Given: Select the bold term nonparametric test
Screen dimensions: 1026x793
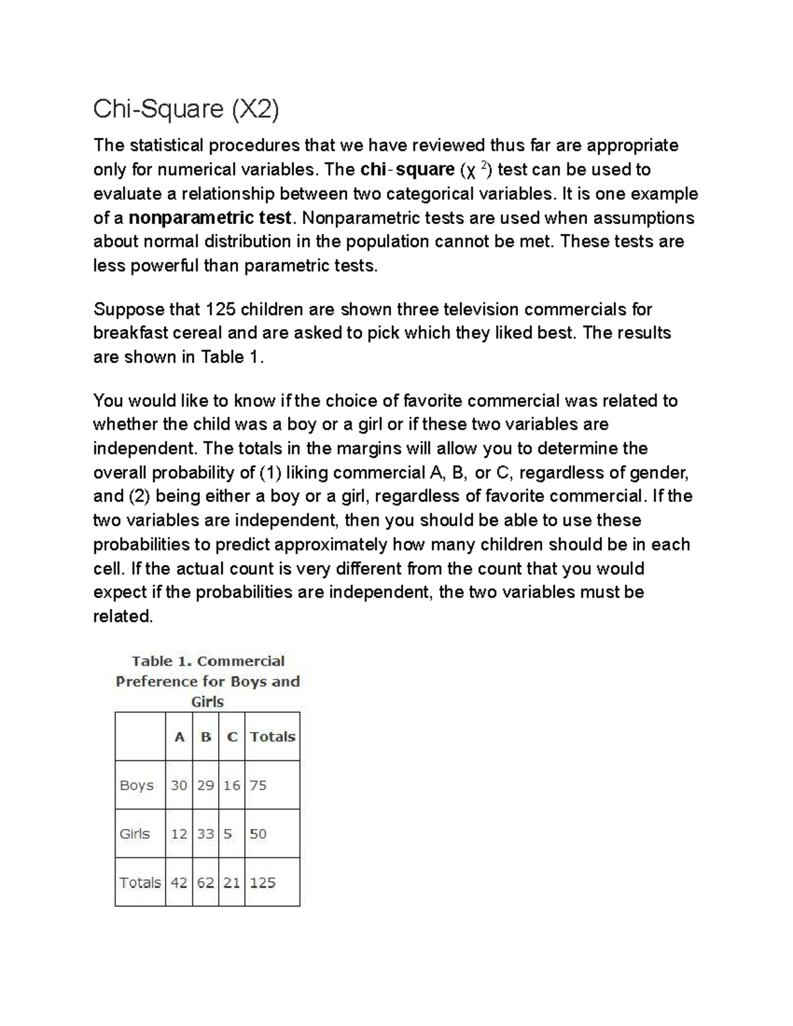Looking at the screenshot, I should pos(209,218).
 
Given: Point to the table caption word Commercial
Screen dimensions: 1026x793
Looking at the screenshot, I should pos(241,661).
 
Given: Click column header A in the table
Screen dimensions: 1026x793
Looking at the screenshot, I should pos(179,737).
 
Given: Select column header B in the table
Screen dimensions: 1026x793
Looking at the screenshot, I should pos(206,737).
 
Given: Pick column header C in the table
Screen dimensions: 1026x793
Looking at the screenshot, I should pos(232,737).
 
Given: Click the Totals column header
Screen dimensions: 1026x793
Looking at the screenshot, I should pos(272,737).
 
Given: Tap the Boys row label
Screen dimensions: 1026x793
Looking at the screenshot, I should pos(137,786).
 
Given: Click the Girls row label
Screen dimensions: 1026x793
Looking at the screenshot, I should pos(135,834).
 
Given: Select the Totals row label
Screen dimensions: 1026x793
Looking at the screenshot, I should pos(140,883).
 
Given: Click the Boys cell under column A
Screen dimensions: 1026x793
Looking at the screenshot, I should pos(179,786).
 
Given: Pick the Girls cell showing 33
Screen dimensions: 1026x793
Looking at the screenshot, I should pos(206,834).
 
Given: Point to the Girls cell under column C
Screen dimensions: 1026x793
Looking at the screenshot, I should pos(228,834).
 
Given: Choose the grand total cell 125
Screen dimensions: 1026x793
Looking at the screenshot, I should pos(263,883).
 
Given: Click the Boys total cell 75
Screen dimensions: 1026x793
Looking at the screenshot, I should pos(258,786).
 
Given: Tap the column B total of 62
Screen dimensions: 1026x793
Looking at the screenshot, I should pos(206,883).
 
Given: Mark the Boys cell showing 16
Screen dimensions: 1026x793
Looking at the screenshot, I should pos(232,786).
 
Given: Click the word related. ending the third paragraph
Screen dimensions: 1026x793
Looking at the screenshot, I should pos(123,616).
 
